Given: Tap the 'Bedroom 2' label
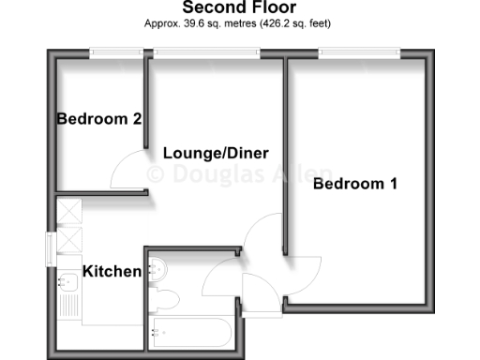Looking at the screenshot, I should (98, 119).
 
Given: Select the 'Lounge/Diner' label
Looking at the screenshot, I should (216, 153).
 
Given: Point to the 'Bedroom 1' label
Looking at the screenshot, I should (354, 184).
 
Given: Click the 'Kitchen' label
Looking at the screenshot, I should (112, 271).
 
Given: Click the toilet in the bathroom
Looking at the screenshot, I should (166, 300).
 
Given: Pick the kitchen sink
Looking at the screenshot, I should (68, 280).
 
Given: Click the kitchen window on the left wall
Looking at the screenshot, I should (48, 250).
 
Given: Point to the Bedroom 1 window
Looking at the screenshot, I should (360, 52).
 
